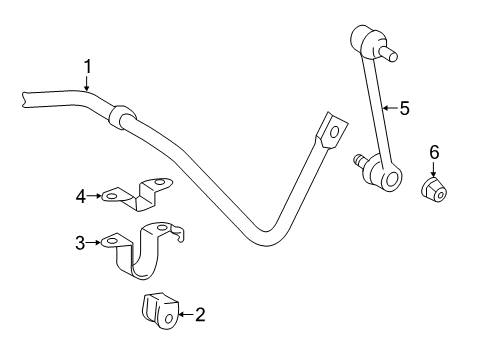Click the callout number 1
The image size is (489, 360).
[87, 67]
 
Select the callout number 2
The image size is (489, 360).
[200, 315]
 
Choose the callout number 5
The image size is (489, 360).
[405, 107]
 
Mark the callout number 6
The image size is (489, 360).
[434, 151]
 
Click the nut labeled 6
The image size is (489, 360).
[435, 190]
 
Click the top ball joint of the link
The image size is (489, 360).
[364, 42]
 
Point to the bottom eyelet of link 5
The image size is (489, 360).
[389, 180]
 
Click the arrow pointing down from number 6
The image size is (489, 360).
[434, 167]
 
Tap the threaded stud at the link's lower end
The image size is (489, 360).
[357, 158]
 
